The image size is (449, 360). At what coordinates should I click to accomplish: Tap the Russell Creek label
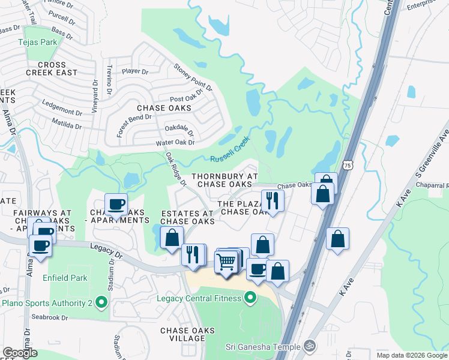point(229,151)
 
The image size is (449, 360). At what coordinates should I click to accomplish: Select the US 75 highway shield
point(348,164)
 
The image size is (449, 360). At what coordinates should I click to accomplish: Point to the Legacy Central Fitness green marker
point(250,298)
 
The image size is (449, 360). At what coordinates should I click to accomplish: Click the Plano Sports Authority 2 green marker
point(101,303)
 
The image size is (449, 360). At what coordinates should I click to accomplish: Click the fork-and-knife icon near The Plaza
point(271,200)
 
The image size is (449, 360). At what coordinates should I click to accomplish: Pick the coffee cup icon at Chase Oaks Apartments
point(116,204)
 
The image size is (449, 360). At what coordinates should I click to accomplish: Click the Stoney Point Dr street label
point(193,77)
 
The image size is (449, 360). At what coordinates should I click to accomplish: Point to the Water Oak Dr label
point(175,142)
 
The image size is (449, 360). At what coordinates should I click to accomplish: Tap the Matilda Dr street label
point(67,125)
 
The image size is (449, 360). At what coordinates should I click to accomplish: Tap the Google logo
point(20,353)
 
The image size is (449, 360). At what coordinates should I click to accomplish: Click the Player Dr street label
point(134,71)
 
